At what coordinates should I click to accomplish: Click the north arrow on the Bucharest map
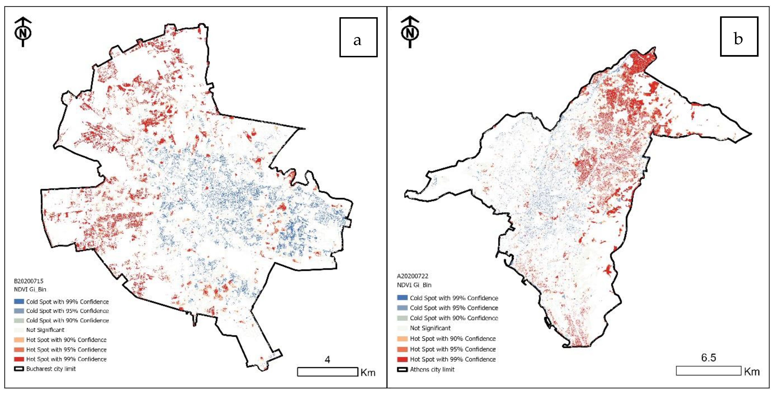[x=23, y=32]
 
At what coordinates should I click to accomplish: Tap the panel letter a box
[x=358, y=37]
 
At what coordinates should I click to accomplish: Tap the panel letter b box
[x=739, y=36]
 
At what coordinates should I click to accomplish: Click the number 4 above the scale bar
[x=328, y=359]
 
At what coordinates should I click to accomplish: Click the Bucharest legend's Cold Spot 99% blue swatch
[x=19, y=301]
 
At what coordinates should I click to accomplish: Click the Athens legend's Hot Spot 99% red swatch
[x=402, y=359]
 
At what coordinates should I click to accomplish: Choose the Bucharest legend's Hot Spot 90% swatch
[x=19, y=340]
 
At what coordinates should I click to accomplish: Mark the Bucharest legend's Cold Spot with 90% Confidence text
[x=67, y=320]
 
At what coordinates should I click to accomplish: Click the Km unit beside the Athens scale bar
[x=752, y=372]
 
